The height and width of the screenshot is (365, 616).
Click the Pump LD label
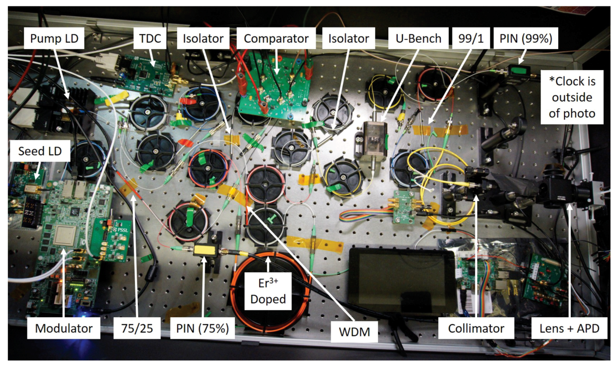pos(54,38)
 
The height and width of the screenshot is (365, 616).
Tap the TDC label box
pos(150,38)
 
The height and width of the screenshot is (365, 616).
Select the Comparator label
pos(276,38)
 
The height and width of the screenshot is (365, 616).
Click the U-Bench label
pos(418,38)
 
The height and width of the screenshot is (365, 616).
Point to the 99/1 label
pos(471,38)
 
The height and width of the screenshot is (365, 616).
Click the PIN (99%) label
pos(526,38)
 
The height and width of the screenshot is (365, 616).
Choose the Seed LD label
pos(40,151)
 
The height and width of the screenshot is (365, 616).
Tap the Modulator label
pos(64,328)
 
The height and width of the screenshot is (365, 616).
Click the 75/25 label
pos(137,328)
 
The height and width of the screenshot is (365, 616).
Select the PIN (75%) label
pos(202,328)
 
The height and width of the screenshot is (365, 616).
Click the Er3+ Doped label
pos(268,291)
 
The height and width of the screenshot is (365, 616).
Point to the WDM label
pos(354,332)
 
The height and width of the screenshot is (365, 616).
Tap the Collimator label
pos(476,328)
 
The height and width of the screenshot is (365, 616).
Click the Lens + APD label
pos(569,328)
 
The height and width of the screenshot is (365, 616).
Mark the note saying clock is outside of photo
pos(572,97)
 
